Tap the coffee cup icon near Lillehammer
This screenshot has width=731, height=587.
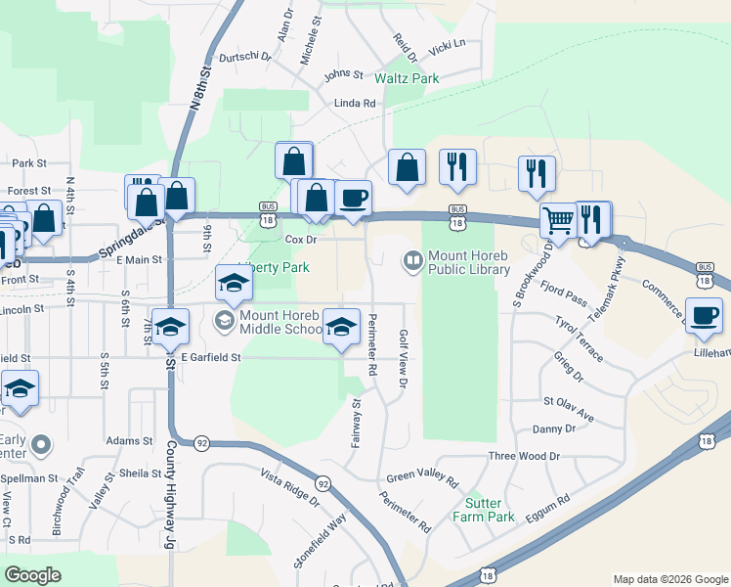[x=704, y=316]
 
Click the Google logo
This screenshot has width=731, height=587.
[x=33, y=575]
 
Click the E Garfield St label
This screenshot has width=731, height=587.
[x=209, y=358]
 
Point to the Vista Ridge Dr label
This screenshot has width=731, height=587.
[x=289, y=488]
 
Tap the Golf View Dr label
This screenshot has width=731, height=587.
[x=402, y=358]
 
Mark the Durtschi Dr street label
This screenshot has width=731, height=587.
[x=244, y=57]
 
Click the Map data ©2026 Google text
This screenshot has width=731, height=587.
[x=669, y=579]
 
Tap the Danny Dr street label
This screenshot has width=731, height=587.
[x=553, y=429]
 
